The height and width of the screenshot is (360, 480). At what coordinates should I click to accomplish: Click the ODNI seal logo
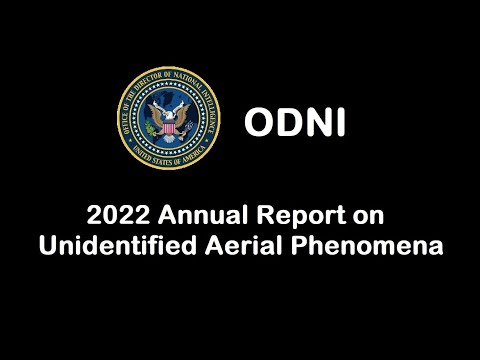pyautogui.click(x=167, y=121)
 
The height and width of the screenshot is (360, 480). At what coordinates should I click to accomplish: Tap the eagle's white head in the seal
pyautogui.click(x=168, y=104)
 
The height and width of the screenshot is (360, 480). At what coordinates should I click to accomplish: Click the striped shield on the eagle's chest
pyautogui.click(x=167, y=124)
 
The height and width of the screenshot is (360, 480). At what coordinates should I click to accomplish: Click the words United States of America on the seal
pyautogui.click(x=167, y=159)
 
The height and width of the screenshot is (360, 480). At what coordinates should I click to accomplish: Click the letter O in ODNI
pyautogui.click(x=260, y=122)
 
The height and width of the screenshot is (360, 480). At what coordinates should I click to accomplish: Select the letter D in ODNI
pyautogui.click(x=286, y=122)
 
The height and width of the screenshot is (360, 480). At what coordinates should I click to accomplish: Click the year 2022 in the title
pyautogui.click(x=111, y=215)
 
